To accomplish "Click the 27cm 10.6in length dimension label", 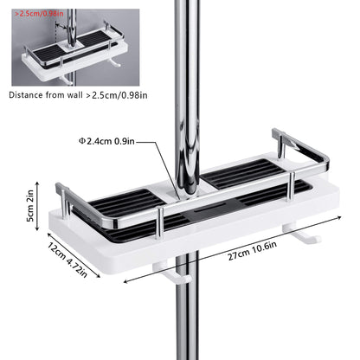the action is click(252, 251).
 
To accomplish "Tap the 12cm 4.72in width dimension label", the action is click(67, 260).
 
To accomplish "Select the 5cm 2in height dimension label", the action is click(30, 205).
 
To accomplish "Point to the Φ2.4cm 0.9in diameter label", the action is click(106, 141).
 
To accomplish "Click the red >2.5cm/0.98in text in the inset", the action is click(39, 13).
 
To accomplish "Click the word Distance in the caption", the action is click(26, 95).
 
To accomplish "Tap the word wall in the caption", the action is click(75, 95).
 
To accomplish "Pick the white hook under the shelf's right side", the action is click(301, 235).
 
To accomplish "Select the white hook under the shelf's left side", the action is click(172, 273).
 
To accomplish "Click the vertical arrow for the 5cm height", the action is click(37, 206).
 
